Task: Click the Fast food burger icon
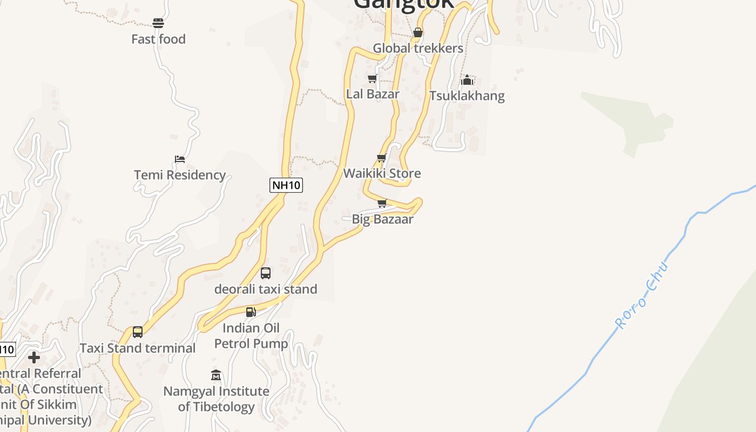pos(158,23)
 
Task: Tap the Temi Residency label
pos(180,175)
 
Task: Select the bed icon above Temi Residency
pos(180,159)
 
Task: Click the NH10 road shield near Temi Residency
pos(286,185)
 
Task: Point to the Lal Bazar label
pos(373,94)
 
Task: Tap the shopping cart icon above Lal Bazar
pos(372,79)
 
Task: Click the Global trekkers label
pos(418,48)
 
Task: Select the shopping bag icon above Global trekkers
pos(417,33)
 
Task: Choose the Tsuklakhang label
pos(467,96)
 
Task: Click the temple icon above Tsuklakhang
pos(467,80)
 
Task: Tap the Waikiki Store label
pos(382,173)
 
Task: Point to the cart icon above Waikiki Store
pos(382,158)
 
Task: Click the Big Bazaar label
pos(382,219)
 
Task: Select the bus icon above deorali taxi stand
pos(266,273)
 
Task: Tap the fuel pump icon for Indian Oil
pos(251,312)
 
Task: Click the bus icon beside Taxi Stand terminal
pos(138,332)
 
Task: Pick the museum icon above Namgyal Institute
pos(216,375)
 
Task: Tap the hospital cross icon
pos(34,357)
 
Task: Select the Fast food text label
pos(158,39)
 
